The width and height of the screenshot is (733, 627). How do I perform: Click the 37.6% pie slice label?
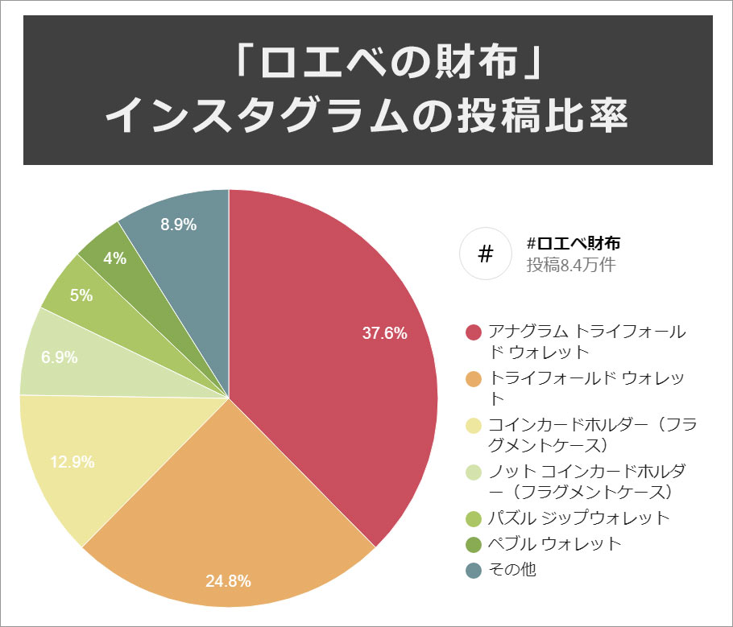pyautogui.click(x=384, y=333)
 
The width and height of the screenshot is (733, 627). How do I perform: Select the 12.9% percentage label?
pyautogui.click(x=72, y=462)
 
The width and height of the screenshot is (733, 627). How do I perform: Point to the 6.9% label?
pyautogui.click(x=59, y=357)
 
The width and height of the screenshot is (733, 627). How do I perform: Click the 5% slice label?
pyautogui.click(x=81, y=295)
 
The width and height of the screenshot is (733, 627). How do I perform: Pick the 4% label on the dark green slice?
pyautogui.click(x=114, y=258)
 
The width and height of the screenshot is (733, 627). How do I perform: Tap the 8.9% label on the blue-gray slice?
pyautogui.click(x=178, y=225)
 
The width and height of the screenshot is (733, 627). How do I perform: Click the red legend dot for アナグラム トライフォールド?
pyautogui.click(x=474, y=332)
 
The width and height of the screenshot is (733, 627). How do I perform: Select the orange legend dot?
pyautogui.click(x=474, y=378)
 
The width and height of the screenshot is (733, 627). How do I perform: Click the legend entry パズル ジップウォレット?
pyautogui.click(x=578, y=518)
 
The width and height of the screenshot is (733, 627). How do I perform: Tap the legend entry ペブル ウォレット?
pyautogui.click(x=555, y=544)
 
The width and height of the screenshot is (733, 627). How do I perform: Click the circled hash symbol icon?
pyautogui.click(x=486, y=254)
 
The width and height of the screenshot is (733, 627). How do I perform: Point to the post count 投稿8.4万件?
pyautogui.click(x=571, y=265)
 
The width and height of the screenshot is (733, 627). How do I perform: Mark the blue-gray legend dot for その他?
pyautogui.click(x=474, y=570)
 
